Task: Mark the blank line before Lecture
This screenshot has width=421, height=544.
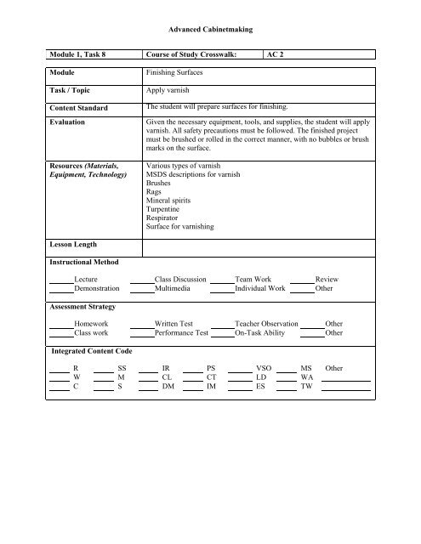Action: [x=60, y=280]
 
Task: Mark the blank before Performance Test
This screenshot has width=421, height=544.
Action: [x=141, y=334]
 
